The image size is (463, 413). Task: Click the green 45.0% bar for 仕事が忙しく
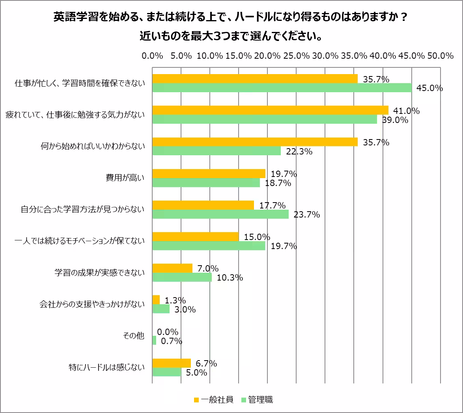coord(282,88)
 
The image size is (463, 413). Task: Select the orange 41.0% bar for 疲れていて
coord(270,110)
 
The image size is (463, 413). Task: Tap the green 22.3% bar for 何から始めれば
coord(217,151)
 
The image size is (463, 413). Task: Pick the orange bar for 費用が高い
coord(209,173)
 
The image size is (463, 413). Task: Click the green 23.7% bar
coord(220,214)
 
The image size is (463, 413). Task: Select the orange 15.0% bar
coord(195,236)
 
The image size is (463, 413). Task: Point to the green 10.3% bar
coord(182,277)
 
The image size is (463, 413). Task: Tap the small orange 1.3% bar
coord(156,300)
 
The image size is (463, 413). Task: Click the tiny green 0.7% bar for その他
coord(154,340)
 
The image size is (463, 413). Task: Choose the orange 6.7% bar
coord(172,363)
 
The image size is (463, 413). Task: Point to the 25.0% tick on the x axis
coord(296,56)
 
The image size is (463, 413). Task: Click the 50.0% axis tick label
coord(440,56)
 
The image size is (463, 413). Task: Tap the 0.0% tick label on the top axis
coord(152,56)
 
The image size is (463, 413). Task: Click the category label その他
coord(134,336)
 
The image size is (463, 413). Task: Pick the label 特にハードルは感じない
coord(106,367)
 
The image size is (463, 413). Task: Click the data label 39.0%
coord(395,120)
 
